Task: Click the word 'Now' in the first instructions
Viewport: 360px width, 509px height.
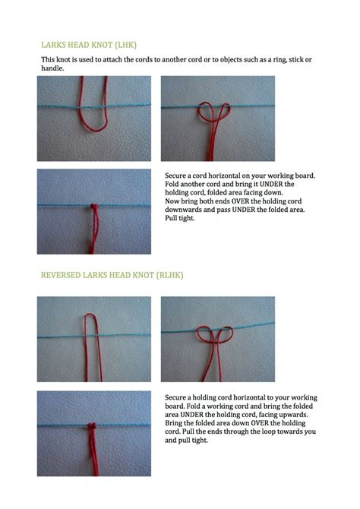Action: click(172, 201)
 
